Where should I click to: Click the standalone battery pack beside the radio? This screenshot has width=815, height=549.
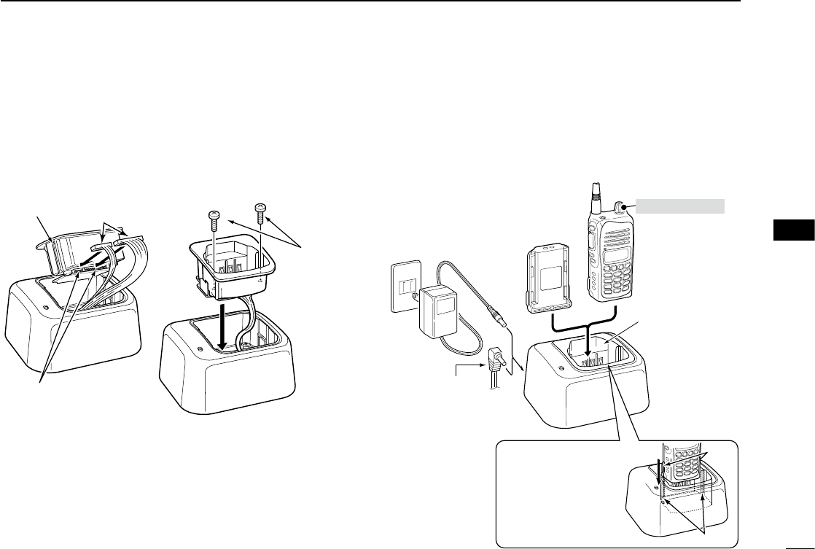547,281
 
